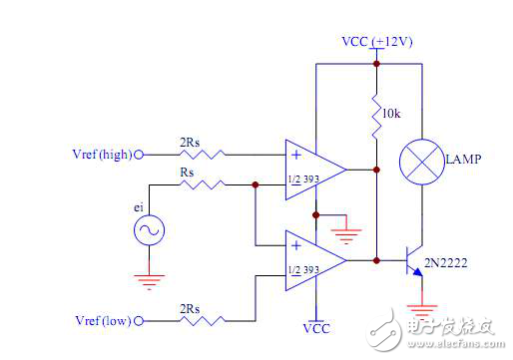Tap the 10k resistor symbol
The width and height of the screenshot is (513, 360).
coord(377,118)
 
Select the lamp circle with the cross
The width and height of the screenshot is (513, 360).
coord(422,163)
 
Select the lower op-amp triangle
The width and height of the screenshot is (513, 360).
coord(312,260)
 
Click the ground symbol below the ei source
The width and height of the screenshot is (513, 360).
coord(149,281)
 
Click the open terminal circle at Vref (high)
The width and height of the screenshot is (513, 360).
coord(140,155)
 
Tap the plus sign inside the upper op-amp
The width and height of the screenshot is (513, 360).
coord(296,155)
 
